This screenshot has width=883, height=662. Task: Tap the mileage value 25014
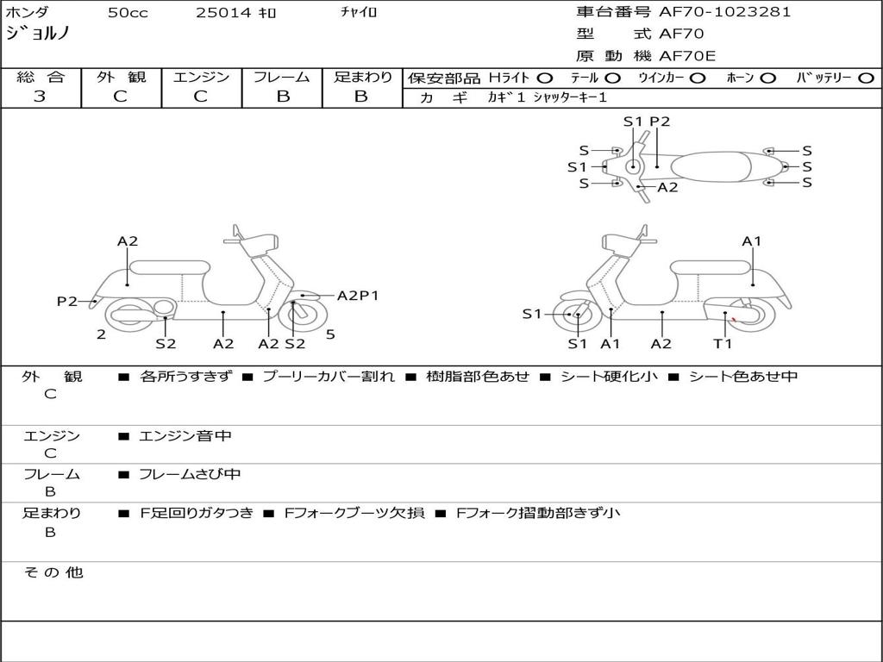222,13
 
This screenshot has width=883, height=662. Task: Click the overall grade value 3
40,97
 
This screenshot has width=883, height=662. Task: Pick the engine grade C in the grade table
201,97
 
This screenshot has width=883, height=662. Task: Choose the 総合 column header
41,78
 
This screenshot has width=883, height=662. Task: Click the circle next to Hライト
545,78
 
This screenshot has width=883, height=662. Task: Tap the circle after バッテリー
866,78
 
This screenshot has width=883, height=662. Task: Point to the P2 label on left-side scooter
67,301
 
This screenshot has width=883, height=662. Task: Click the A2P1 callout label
357,296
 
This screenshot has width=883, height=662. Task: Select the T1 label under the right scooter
723,344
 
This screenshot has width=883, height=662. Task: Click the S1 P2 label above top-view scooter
647,122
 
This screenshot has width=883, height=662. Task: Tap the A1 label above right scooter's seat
752,241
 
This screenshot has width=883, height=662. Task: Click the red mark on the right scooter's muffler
733,322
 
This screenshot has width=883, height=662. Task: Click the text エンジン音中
185,436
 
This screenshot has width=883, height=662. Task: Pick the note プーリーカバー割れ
328,377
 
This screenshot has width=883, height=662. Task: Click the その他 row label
53,572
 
